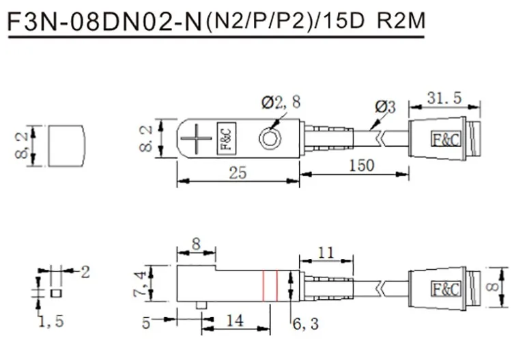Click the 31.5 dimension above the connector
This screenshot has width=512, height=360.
(444, 98)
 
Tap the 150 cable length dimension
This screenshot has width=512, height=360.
(361, 165)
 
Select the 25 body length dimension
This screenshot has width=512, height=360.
(238, 173)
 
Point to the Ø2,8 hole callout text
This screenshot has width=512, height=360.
(281, 102)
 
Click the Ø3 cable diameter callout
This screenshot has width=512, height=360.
(385, 107)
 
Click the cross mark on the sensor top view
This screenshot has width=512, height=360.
(196, 139)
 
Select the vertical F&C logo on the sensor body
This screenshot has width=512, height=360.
(227, 139)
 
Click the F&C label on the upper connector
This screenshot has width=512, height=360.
(446, 139)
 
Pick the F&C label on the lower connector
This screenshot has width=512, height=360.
(446, 289)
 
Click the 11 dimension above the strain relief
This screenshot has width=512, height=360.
(326, 252)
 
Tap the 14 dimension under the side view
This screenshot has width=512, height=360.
(235, 320)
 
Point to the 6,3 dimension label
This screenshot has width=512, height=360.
(305, 324)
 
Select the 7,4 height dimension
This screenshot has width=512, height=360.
(141, 284)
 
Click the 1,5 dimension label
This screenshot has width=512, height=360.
(51, 322)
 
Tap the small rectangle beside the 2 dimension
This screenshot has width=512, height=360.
(56, 293)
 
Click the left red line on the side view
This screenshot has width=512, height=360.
(264, 286)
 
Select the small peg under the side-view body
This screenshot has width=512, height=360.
(201, 305)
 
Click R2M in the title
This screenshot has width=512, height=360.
(401, 21)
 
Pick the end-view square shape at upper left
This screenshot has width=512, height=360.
(68, 146)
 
